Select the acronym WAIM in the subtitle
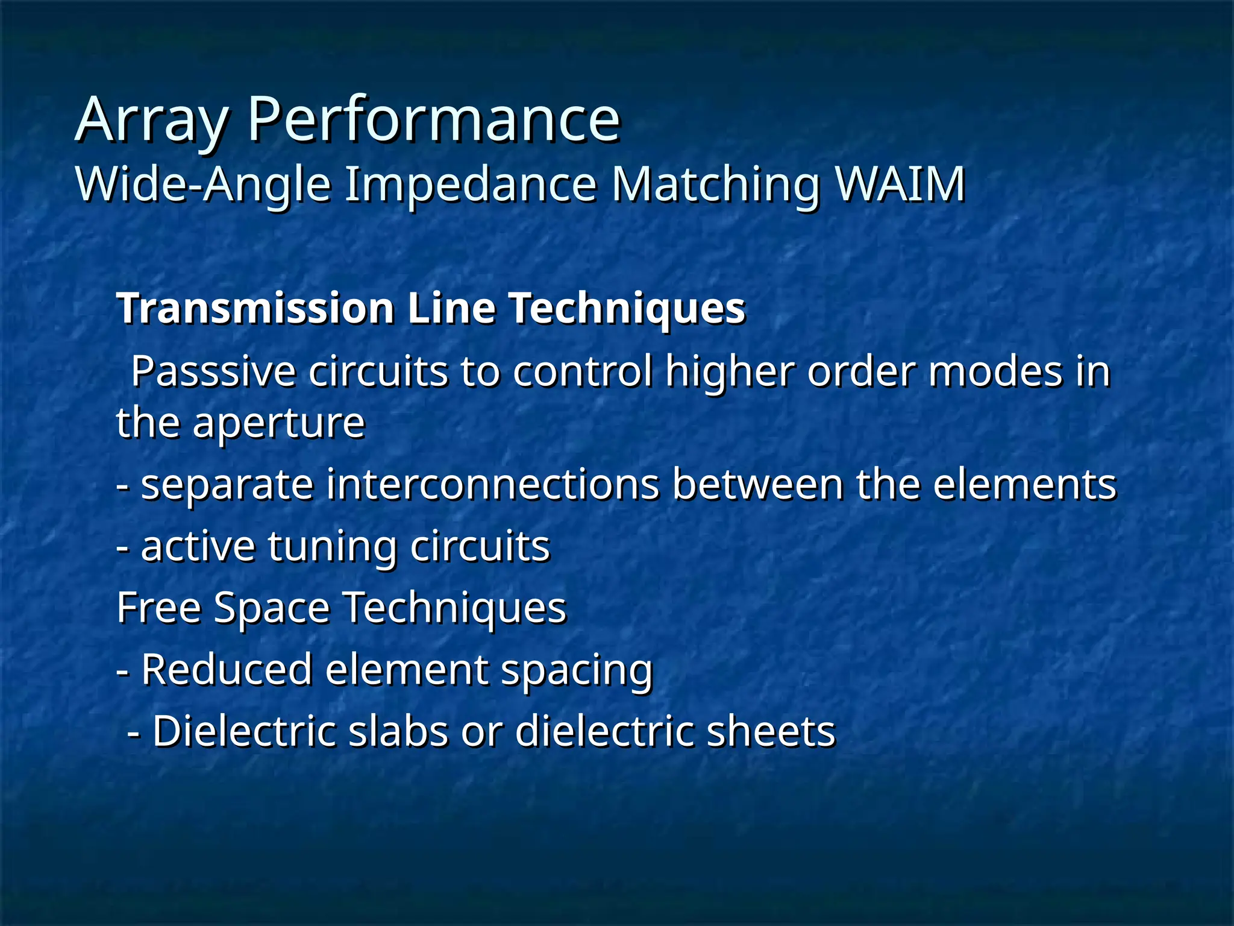[901, 184]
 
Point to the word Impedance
[471, 184]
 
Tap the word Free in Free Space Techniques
[158, 608]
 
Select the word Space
[272, 608]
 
